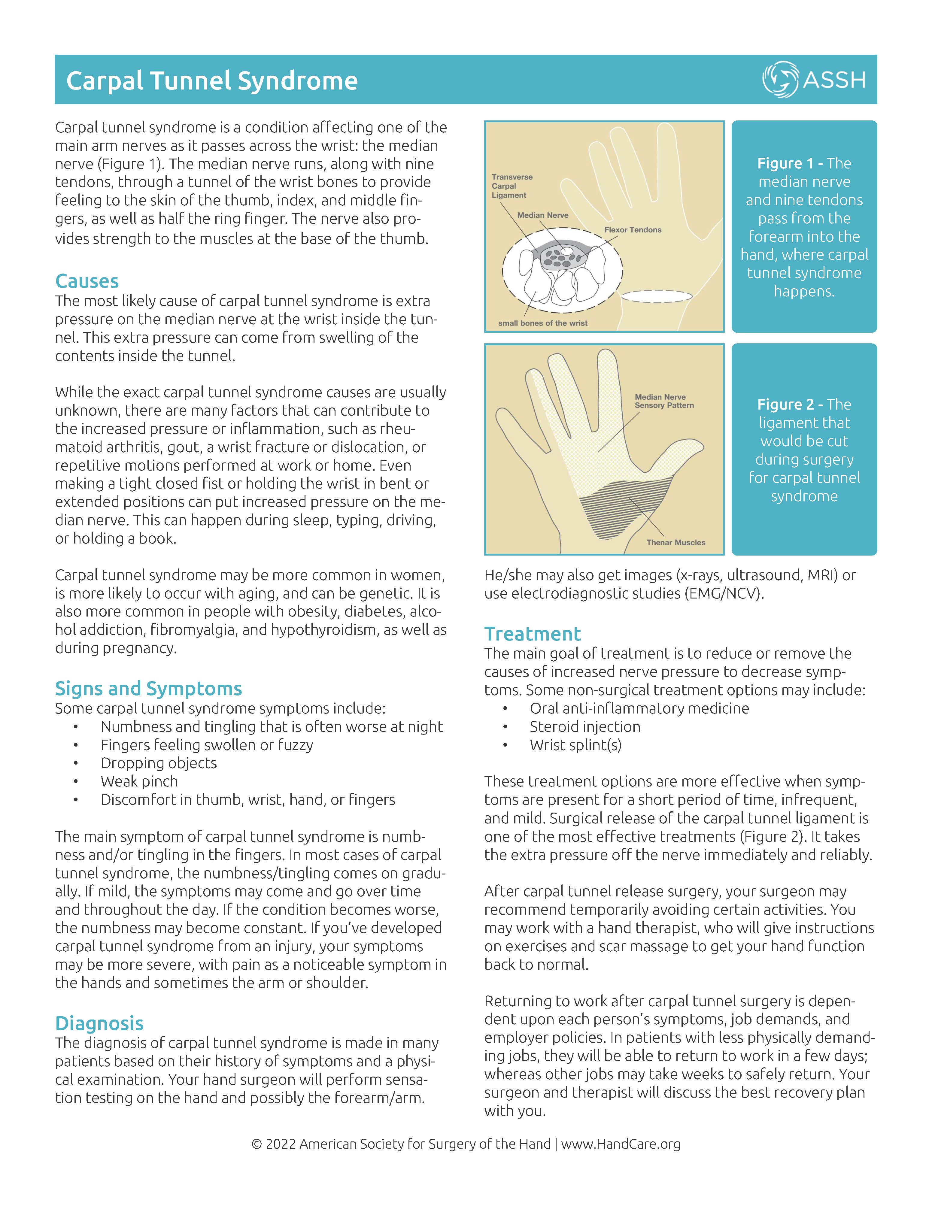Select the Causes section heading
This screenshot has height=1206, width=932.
pos(87,281)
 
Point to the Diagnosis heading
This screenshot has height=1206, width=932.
pos(99,1023)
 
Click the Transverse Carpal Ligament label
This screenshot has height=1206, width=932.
pos(512,186)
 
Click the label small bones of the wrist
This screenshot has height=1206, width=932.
pos(542,323)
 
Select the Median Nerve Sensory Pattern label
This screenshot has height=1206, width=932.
pos(663,401)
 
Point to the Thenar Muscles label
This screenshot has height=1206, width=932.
pos(676,542)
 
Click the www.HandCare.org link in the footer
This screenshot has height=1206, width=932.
pos(621,1144)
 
